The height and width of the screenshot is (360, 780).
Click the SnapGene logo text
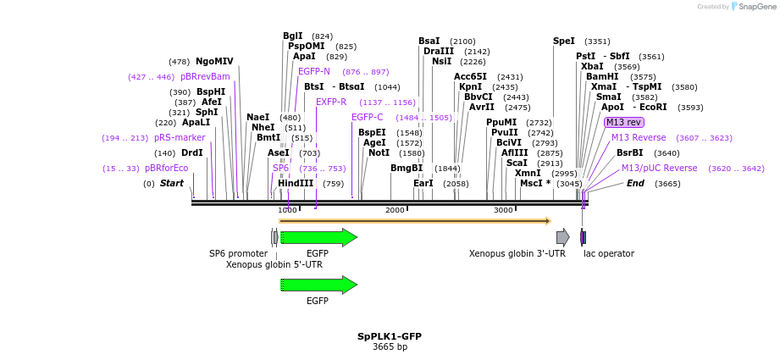(x=756, y=6)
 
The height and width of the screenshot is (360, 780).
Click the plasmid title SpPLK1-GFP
(x=390, y=336)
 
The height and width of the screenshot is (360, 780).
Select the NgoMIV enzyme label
(x=214, y=61)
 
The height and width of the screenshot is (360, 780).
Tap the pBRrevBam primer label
(x=205, y=76)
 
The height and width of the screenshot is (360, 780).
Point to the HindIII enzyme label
(x=296, y=183)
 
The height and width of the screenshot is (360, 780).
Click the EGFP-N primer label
(x=314, y=71)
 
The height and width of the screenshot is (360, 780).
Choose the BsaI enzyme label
(x=429, y=41)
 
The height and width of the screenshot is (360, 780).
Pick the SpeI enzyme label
(x=564, y=41)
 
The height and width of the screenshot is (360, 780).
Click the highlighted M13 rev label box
(x=624, y=122)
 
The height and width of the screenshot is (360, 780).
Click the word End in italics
(x=635, y=183)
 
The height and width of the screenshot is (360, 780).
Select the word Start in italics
(x=172, y=183)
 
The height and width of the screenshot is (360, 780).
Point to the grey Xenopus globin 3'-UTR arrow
(x=562, y=237)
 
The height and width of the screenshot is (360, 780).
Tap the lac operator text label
(x=609, y=253)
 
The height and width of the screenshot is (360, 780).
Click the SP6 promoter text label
(x=238, y=253)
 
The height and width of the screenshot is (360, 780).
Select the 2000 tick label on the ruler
(x=396, y=210)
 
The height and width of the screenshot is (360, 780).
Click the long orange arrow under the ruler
(x=415, y=221)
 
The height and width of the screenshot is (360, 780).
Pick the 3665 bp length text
(x=390, y=347)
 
